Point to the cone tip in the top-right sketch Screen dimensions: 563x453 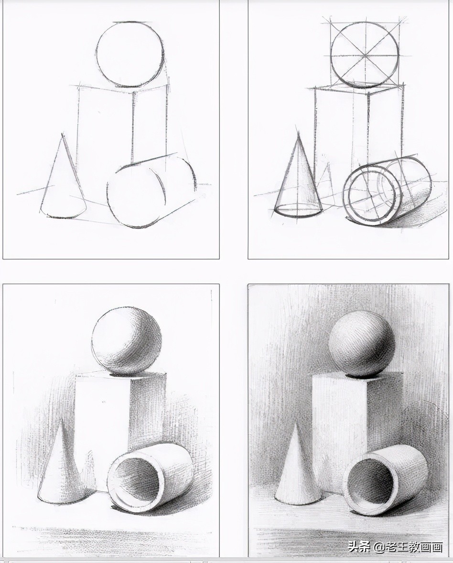click(298, 133)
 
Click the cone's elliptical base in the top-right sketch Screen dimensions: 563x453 click(298, 211)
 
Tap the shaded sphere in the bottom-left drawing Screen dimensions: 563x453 click(127, 341)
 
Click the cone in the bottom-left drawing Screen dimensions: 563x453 click(62, 468)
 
